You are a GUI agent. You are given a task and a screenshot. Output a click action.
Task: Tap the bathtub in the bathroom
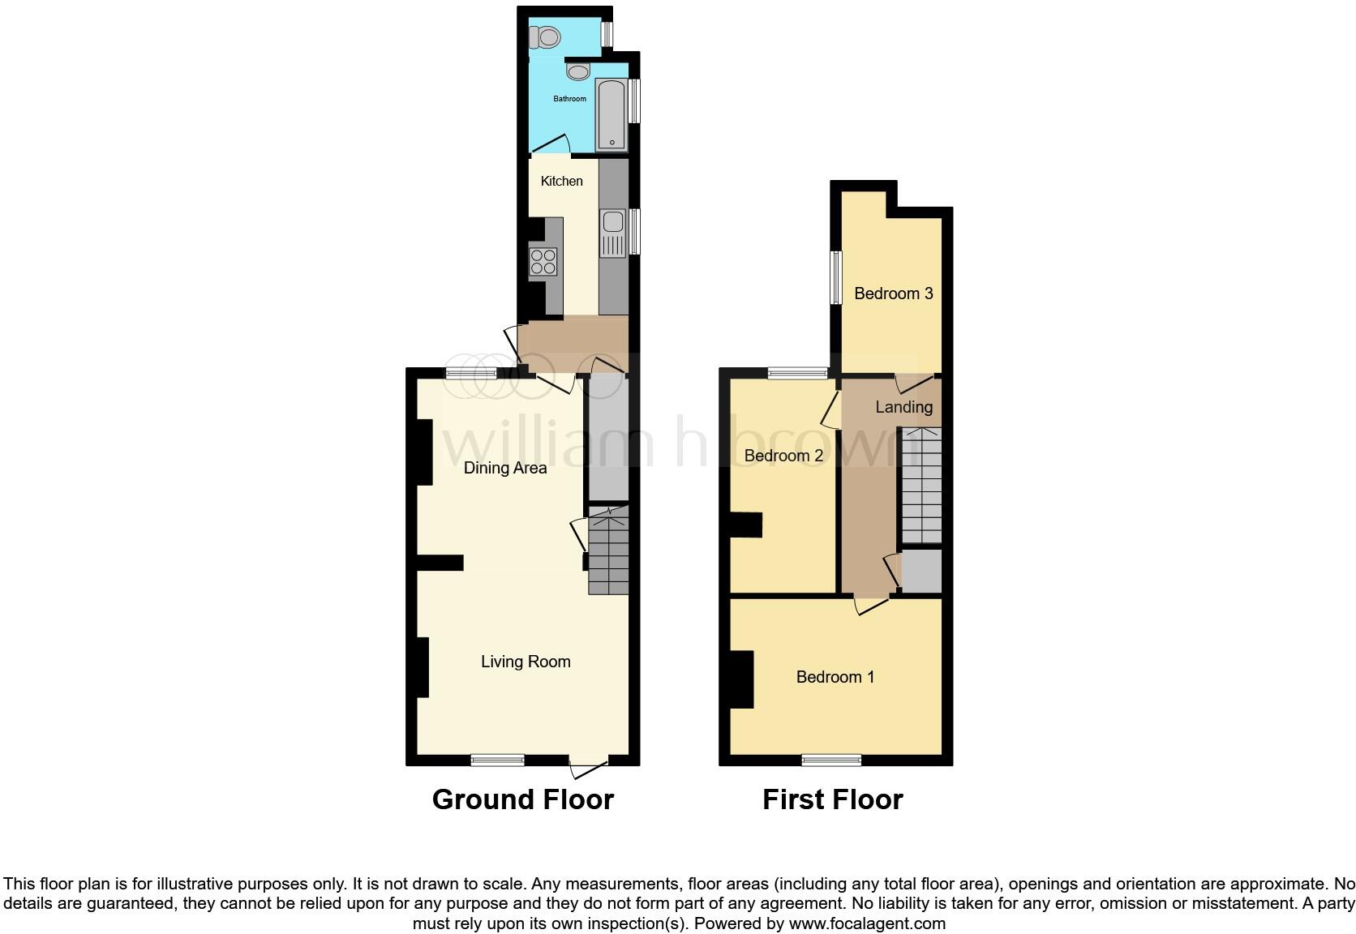click(611, 114)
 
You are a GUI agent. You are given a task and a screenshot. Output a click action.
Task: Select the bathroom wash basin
click(578, 72)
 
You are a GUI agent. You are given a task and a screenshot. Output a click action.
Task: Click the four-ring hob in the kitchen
click(543, 262)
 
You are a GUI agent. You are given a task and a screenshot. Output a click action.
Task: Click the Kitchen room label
click(561, 181)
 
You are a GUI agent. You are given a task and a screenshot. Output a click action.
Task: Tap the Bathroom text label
click(569, 99)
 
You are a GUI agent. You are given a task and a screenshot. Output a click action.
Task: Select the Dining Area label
click(504, 468)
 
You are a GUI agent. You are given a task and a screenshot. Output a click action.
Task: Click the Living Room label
click(526, 662)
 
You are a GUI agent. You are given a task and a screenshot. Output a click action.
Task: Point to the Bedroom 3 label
click(893, 293)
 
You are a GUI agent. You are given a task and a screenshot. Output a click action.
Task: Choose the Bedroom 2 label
click(783, 456)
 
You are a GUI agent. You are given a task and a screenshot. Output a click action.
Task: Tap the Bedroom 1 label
click(835, 677)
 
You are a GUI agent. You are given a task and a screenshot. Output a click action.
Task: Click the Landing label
click(903, 407)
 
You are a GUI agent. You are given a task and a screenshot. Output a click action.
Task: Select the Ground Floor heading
click(523, 799)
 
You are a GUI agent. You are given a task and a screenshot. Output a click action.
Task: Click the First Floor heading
click(832, 799)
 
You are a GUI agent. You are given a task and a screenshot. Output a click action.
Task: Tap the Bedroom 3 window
click(835, 277)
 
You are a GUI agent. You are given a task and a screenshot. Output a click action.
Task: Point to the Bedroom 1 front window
click(831, 760)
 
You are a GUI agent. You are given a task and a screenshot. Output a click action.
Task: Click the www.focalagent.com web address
click(866, 923)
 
